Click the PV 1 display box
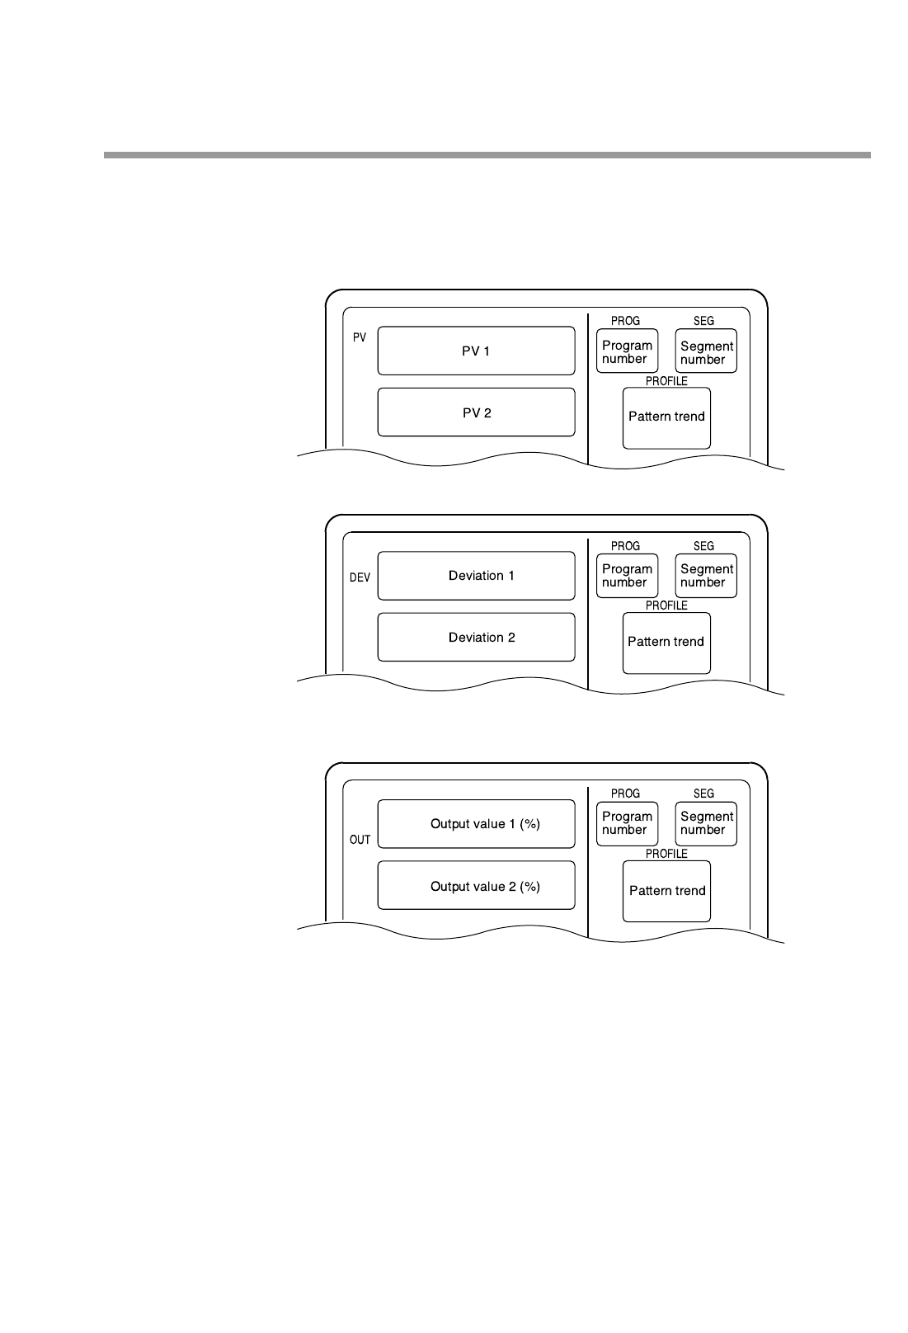[x=476, y=351]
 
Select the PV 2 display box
[x=476, y=412]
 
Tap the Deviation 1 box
[x=476, y=576]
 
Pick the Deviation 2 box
[x=476, y=637]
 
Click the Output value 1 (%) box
[x=476, y=823]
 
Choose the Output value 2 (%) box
[x=476, y=886]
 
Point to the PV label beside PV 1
[x=360, y=337]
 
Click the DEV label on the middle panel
[x=360, y=577]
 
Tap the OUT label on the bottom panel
[x=360, y=840]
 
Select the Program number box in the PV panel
[x=627, y=351]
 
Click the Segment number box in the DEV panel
[x=706, y=576]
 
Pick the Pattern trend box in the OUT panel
[x=666, y=891]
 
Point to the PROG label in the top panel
[x=625, y=321]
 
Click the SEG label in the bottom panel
[x=703, y=794]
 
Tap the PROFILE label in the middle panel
[x=666, y=605]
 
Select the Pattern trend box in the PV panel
[x=666, y=417]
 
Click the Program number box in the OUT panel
[x=627, y=823]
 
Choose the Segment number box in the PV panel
[x=706, y=352]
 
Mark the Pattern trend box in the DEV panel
[x=666, y=642]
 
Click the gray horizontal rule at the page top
[x=487, y=154]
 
